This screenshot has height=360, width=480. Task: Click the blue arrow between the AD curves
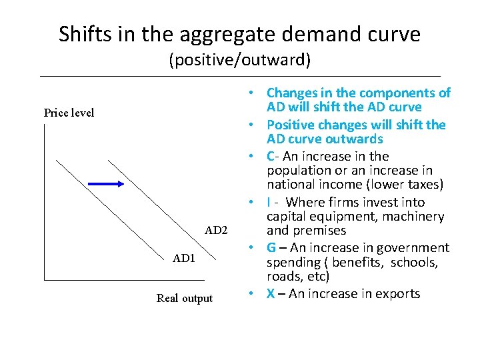coord(105,183)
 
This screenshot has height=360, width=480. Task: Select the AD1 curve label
coord(183,258)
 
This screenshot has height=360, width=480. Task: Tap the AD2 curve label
coord(216,231)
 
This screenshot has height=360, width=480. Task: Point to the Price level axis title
coord(69,113)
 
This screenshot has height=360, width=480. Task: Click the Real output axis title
coord(185,298)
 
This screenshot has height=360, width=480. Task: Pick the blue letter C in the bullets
coord(271,156)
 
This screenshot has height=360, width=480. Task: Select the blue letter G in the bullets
coord(271,248)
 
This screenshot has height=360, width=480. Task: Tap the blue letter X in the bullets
coord(271,293)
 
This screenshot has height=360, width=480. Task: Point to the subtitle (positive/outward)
coord(239,60)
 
